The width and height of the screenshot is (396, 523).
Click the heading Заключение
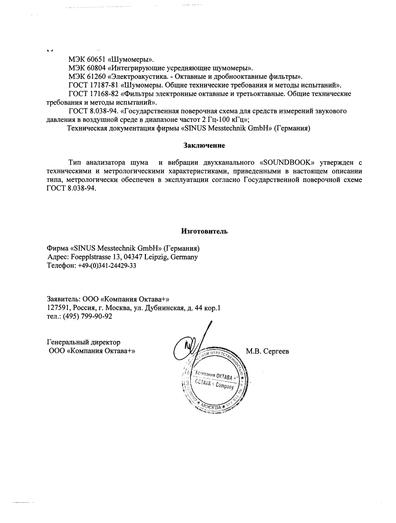point(204,145)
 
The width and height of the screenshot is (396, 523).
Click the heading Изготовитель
point(204,231)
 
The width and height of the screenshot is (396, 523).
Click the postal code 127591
point(58,308)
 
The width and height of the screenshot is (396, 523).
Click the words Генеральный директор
point(84,342)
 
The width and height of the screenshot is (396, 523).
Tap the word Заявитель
point(63,299)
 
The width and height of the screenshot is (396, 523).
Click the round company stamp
point(215,380)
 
